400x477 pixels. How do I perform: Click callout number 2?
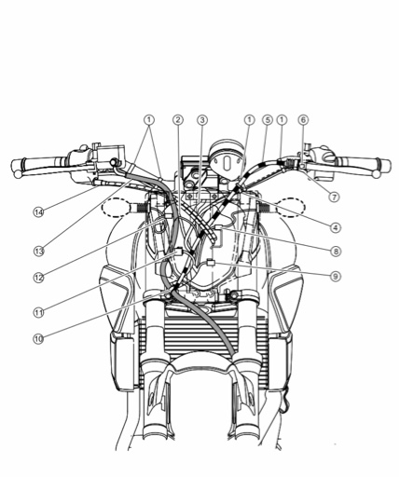tap(178, 120)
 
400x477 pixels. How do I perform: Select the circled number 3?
tap(202, 120)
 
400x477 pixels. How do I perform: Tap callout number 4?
tap(336, 227)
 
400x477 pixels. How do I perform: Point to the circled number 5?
tap(267, 120)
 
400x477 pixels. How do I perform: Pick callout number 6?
tap(304, 120)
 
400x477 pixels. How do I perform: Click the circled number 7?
tap(334, 197)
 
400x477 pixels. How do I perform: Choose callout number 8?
tap(336, 251)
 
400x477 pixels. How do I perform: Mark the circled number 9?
tap(336, 276)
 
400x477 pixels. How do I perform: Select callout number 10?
tap(38, 339)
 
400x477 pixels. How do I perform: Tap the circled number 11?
tap(38, 312)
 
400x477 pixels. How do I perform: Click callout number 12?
tap(38, 278)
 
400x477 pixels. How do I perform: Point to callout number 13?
tap(39, 251)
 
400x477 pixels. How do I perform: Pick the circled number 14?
tap(38, 212)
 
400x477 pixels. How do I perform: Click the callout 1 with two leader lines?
tap(149, 120)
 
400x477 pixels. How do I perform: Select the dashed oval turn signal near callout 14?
tap(116, 207)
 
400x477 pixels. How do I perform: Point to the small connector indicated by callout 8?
tap(218, 227)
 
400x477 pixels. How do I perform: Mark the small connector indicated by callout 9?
tap(211, 263)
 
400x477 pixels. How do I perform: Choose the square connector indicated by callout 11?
tap(179, 251)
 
